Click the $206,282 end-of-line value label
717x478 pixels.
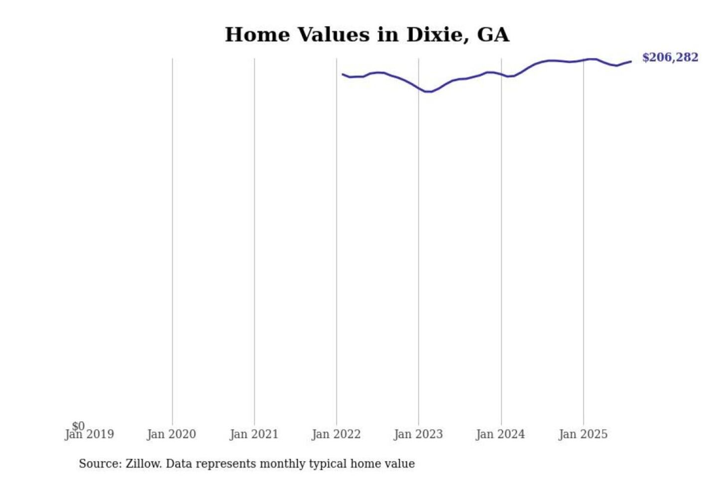coord(670,58)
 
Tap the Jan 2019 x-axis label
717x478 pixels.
coord(90,435)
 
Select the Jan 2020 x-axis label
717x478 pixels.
coord(171,435)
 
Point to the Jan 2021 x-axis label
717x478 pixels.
coord(254,435)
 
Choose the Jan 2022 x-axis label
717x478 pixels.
coord(336,435)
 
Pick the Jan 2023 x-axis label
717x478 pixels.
coord(418,435)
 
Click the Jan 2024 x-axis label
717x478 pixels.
coord(500,435)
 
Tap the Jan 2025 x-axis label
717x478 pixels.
coord(583,435)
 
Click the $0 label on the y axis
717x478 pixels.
coord(78,426)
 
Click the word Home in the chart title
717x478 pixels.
coord(257,35)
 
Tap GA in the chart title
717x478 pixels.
coord(493,35)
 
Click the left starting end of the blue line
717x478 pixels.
coord(343,74)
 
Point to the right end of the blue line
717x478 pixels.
coord(631,62)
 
